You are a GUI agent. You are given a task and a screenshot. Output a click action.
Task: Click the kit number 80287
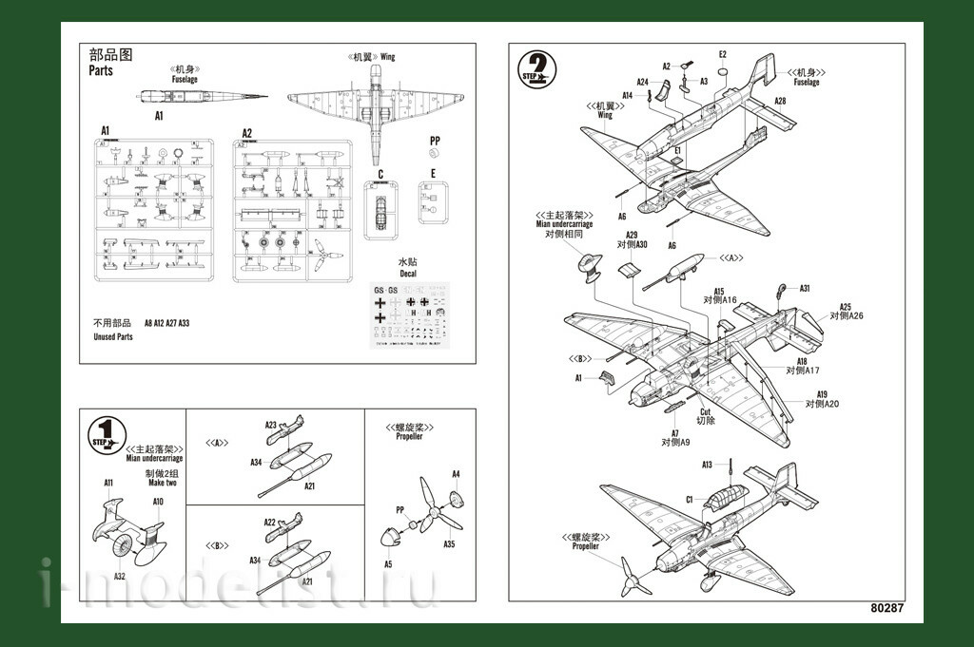[888, 608]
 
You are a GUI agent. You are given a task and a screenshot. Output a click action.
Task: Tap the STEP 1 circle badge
[106, 434]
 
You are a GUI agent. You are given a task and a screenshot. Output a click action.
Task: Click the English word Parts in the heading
[101, 71]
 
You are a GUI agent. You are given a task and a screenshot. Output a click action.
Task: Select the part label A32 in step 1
[120, 576]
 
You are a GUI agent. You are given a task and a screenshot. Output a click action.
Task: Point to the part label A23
[271, 425]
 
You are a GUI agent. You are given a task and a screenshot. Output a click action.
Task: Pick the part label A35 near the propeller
[449, 544]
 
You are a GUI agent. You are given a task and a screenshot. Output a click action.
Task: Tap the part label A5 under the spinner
[388, 564]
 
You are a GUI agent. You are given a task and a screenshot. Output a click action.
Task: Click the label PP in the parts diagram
[435, 141]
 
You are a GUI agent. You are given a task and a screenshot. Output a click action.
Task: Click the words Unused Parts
[113, 337]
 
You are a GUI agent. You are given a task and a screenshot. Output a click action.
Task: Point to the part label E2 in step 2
[723, 54]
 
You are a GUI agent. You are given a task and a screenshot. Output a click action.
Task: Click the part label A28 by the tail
[779, 101]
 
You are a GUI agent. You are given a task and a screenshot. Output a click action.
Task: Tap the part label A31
[804, 289]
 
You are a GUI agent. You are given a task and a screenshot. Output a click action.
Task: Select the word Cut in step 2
[705, 410]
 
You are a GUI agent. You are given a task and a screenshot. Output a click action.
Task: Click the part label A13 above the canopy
[708, 465]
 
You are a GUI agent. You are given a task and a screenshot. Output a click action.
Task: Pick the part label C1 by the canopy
[690, 500]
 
